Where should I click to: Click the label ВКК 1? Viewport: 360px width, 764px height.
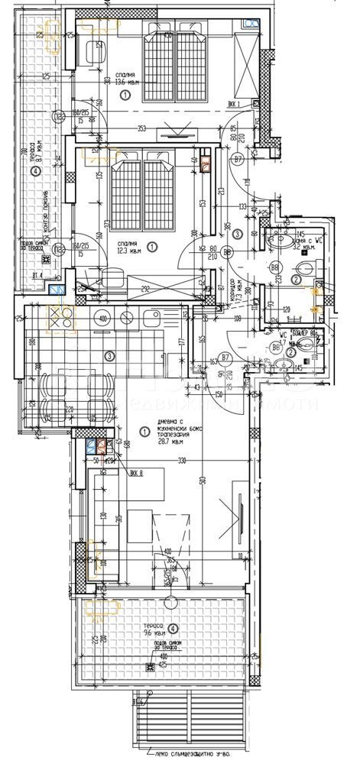tap(234, 104)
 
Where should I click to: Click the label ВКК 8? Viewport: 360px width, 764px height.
tap(138, 472)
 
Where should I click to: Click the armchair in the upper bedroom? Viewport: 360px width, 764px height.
tap(95, 52)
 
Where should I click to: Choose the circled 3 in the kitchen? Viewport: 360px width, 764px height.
tap(110, 355)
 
